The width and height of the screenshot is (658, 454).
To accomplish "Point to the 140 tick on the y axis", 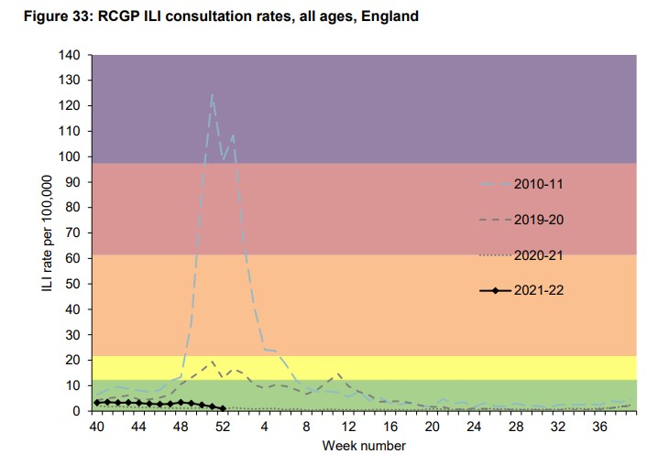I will point(70,55).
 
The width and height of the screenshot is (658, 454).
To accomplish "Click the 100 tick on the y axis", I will point(70,157).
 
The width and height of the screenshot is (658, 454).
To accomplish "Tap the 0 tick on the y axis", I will point(77,411).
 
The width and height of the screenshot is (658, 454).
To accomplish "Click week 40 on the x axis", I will point(95,427).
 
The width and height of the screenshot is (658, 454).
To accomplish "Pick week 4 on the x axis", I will point(263,427).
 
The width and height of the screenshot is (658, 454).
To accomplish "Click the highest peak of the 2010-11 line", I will point(212,95).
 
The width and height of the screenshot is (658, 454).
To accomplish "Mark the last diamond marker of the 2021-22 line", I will point(223,409).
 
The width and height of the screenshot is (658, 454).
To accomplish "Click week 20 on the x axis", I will point(430,427).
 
